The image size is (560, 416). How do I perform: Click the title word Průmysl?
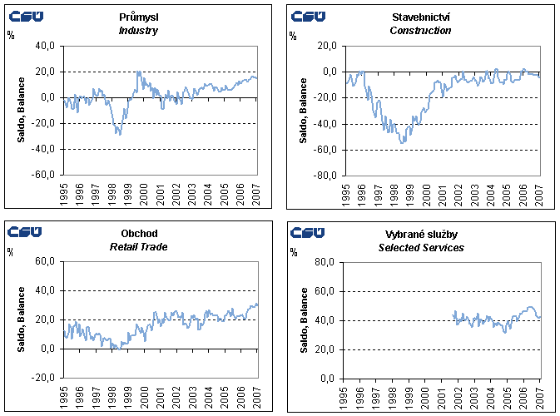(138, 17)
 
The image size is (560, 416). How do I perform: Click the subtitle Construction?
(420, 31)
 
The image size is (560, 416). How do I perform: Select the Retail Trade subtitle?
(138, 247)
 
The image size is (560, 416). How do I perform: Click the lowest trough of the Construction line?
(404, 143)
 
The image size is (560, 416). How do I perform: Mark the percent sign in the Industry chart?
(11, 35)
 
